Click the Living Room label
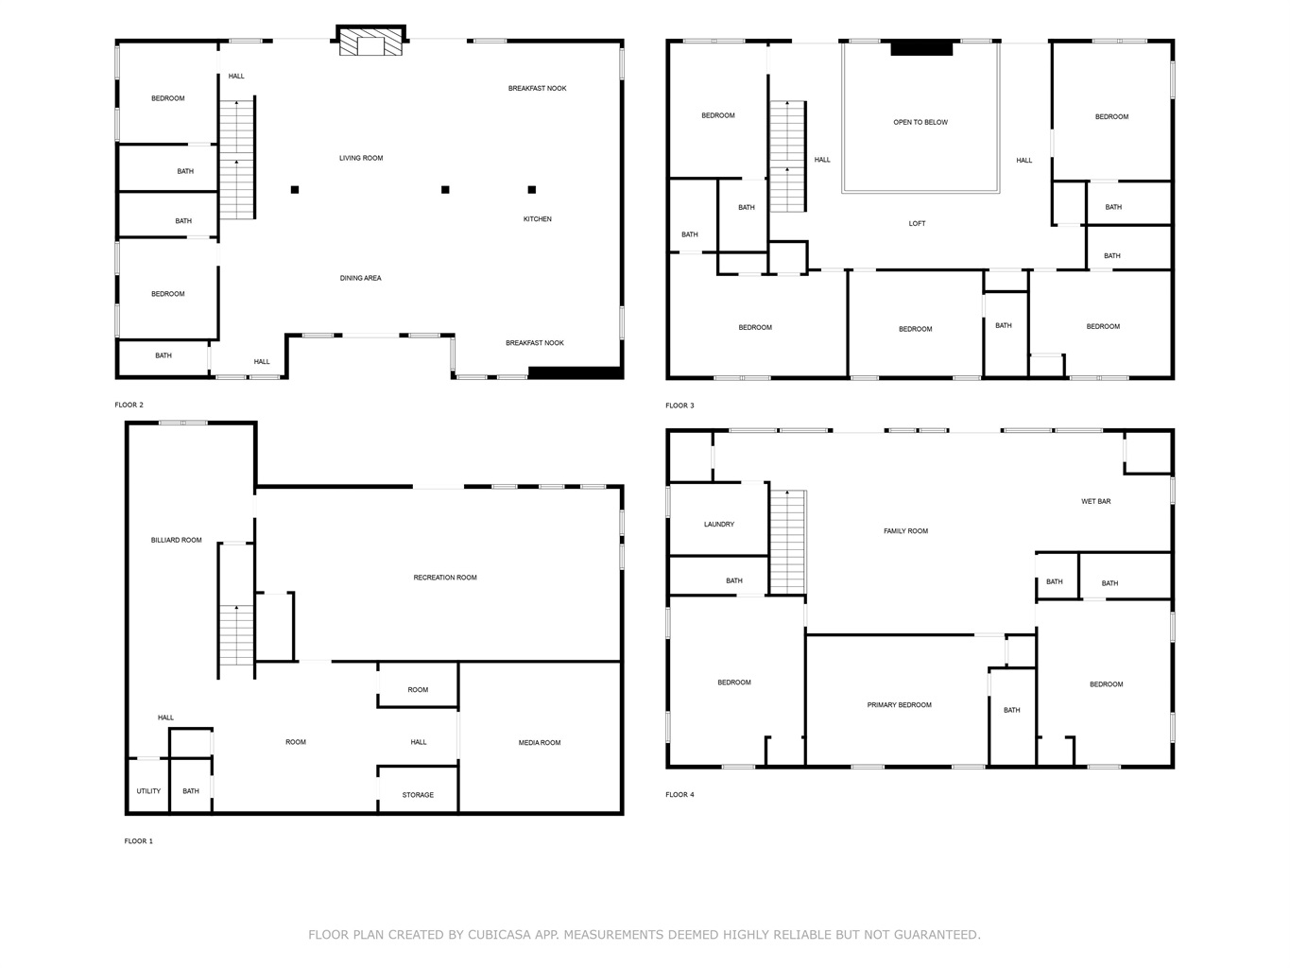tap(361, 158)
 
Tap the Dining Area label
tap(360, 278)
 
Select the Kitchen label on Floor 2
tap(537, 219)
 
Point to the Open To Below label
tap(920, 122)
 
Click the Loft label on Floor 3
tap(917, 223)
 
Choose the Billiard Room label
tap(177, 540)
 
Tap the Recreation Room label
tap(445, 578)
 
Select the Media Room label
tap(540, 743)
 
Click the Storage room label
tap(418, 795)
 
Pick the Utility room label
tap(148, 791)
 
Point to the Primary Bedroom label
tap(899, 704)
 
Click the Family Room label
tap(905, 530)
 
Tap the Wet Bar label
tap(1096, 501)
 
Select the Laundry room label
tap(719, 525)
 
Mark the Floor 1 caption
tap(139, 841)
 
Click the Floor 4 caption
tap(679, 795)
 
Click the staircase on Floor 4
tap(787, 542)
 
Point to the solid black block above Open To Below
tap(921, 49)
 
